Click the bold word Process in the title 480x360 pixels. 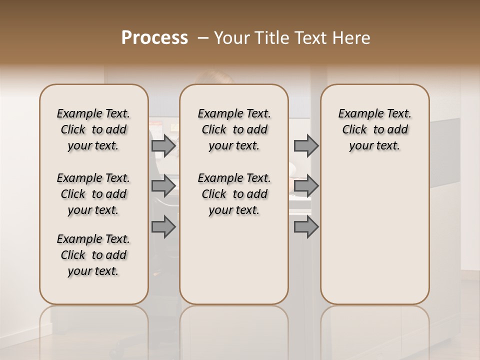154,38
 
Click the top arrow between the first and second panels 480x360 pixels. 163,145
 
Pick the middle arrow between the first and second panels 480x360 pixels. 163,186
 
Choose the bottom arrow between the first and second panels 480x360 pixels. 163,226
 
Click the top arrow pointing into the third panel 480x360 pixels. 306,145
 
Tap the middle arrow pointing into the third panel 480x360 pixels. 306,186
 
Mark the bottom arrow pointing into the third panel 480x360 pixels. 306,226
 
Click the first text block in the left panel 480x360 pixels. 93,129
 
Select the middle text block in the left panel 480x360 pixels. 93,194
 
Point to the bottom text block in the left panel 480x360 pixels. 93,255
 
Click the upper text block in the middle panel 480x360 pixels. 234,129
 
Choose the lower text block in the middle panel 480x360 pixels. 234,194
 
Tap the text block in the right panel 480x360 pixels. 375,129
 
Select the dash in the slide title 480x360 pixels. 203,38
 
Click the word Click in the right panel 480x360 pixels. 354,130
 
